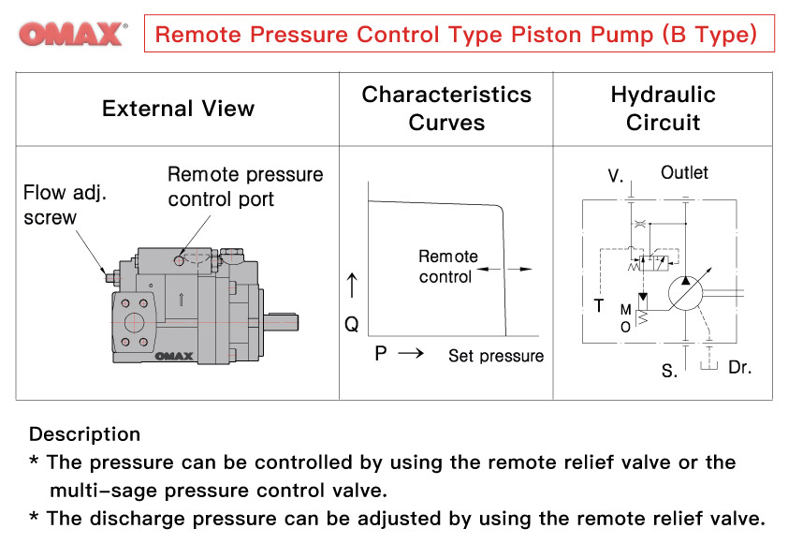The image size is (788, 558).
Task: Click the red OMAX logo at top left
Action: coord(71,35)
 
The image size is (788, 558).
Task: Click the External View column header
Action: coord(178,109)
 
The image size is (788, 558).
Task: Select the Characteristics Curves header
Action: coord(446,109)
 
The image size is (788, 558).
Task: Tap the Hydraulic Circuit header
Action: coord(663,109)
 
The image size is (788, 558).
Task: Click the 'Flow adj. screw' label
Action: coord(64,205)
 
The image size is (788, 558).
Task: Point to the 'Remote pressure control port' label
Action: coord(244,186)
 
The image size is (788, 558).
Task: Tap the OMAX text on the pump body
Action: coord(173,356)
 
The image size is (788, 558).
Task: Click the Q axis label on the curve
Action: coord(352,324)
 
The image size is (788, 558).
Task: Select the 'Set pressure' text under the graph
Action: coord(495,356)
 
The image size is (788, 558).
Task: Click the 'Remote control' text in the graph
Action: coord(447,266)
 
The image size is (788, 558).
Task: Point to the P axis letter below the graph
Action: coord(381,354)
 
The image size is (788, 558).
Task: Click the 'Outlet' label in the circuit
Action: coord(684,172)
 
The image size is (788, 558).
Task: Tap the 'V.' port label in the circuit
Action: coord(615,175)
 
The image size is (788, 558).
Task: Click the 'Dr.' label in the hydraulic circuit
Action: coord(739,368)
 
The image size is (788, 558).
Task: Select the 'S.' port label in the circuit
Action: coord(669,372)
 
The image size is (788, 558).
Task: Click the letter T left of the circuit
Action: coord(599,306)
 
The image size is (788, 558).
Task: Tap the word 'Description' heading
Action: coord(84,434)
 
